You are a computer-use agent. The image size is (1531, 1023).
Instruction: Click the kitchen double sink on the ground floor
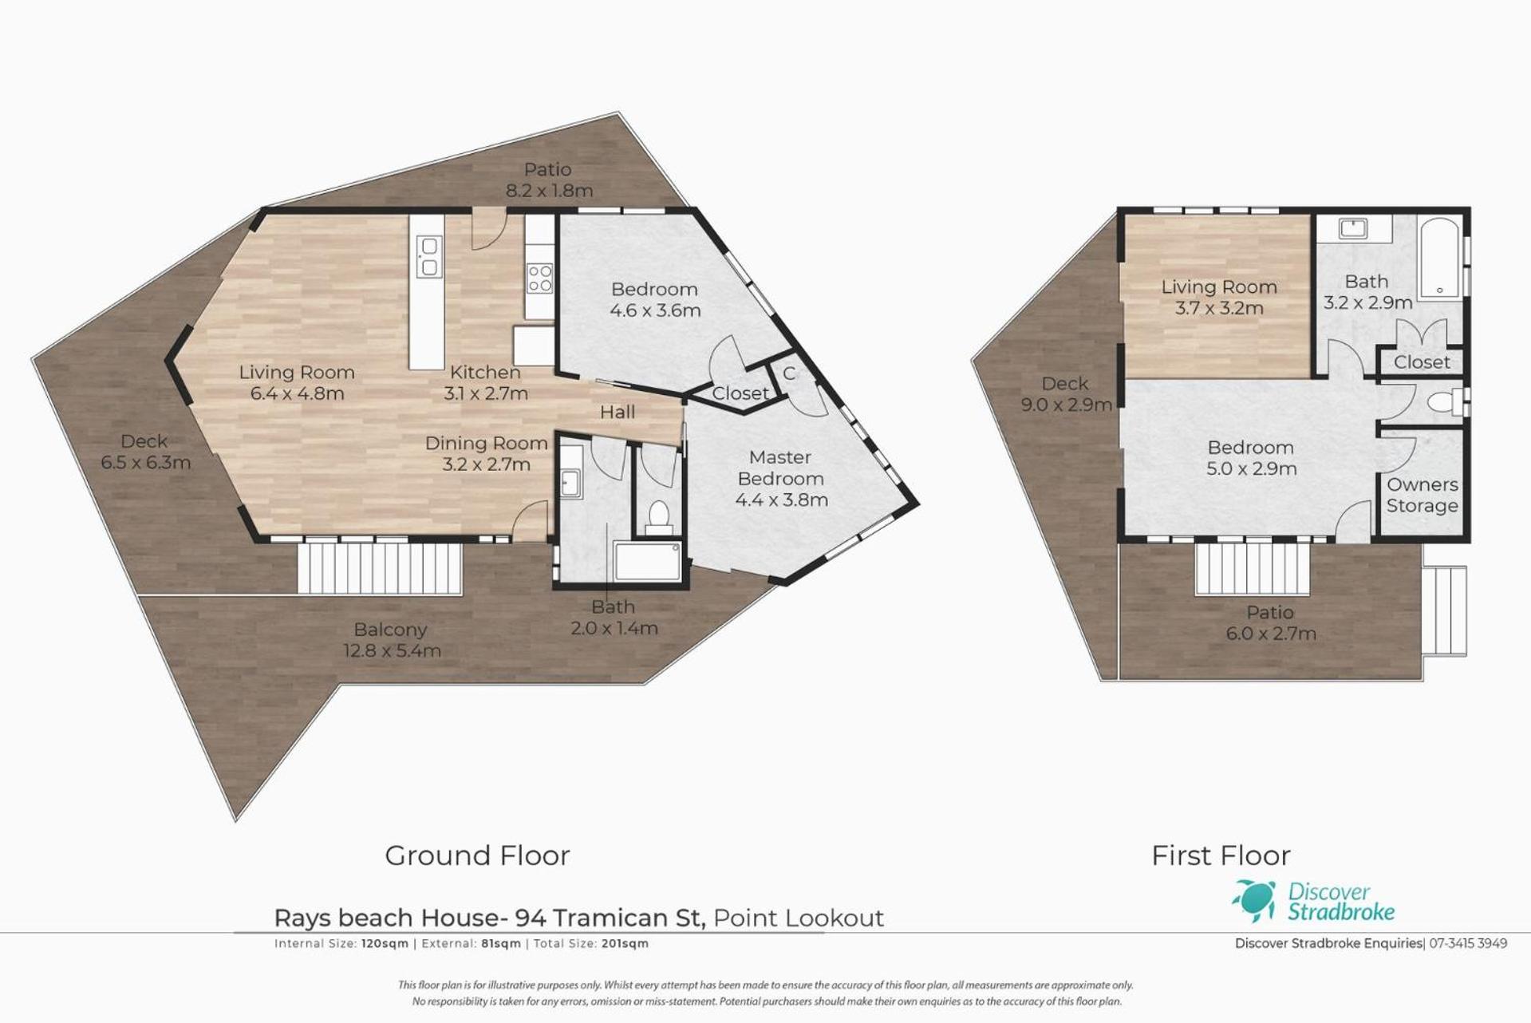(428, 256)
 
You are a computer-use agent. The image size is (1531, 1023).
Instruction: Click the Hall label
(618, 412)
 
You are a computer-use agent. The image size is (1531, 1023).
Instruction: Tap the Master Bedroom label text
(780, 468)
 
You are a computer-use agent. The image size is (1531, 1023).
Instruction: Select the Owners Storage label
(1422, 495)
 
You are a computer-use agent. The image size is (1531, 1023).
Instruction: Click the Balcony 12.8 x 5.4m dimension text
(392, 650)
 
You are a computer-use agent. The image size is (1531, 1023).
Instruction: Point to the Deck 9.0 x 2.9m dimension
(1066, 405)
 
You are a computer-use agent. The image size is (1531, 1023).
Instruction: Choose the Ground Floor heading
(477, 855)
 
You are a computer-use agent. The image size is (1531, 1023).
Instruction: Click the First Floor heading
(1221, 855)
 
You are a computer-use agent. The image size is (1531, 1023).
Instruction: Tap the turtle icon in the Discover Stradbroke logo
(1255, 900)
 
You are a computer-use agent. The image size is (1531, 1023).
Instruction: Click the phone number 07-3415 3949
(1468, 943)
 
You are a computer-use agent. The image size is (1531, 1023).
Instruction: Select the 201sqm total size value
(625, 943)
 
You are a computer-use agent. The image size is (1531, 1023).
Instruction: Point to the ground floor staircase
(381, 568)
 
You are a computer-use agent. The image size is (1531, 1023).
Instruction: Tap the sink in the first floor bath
(1354, 228)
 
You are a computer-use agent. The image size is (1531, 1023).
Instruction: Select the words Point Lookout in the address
(799, 918)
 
